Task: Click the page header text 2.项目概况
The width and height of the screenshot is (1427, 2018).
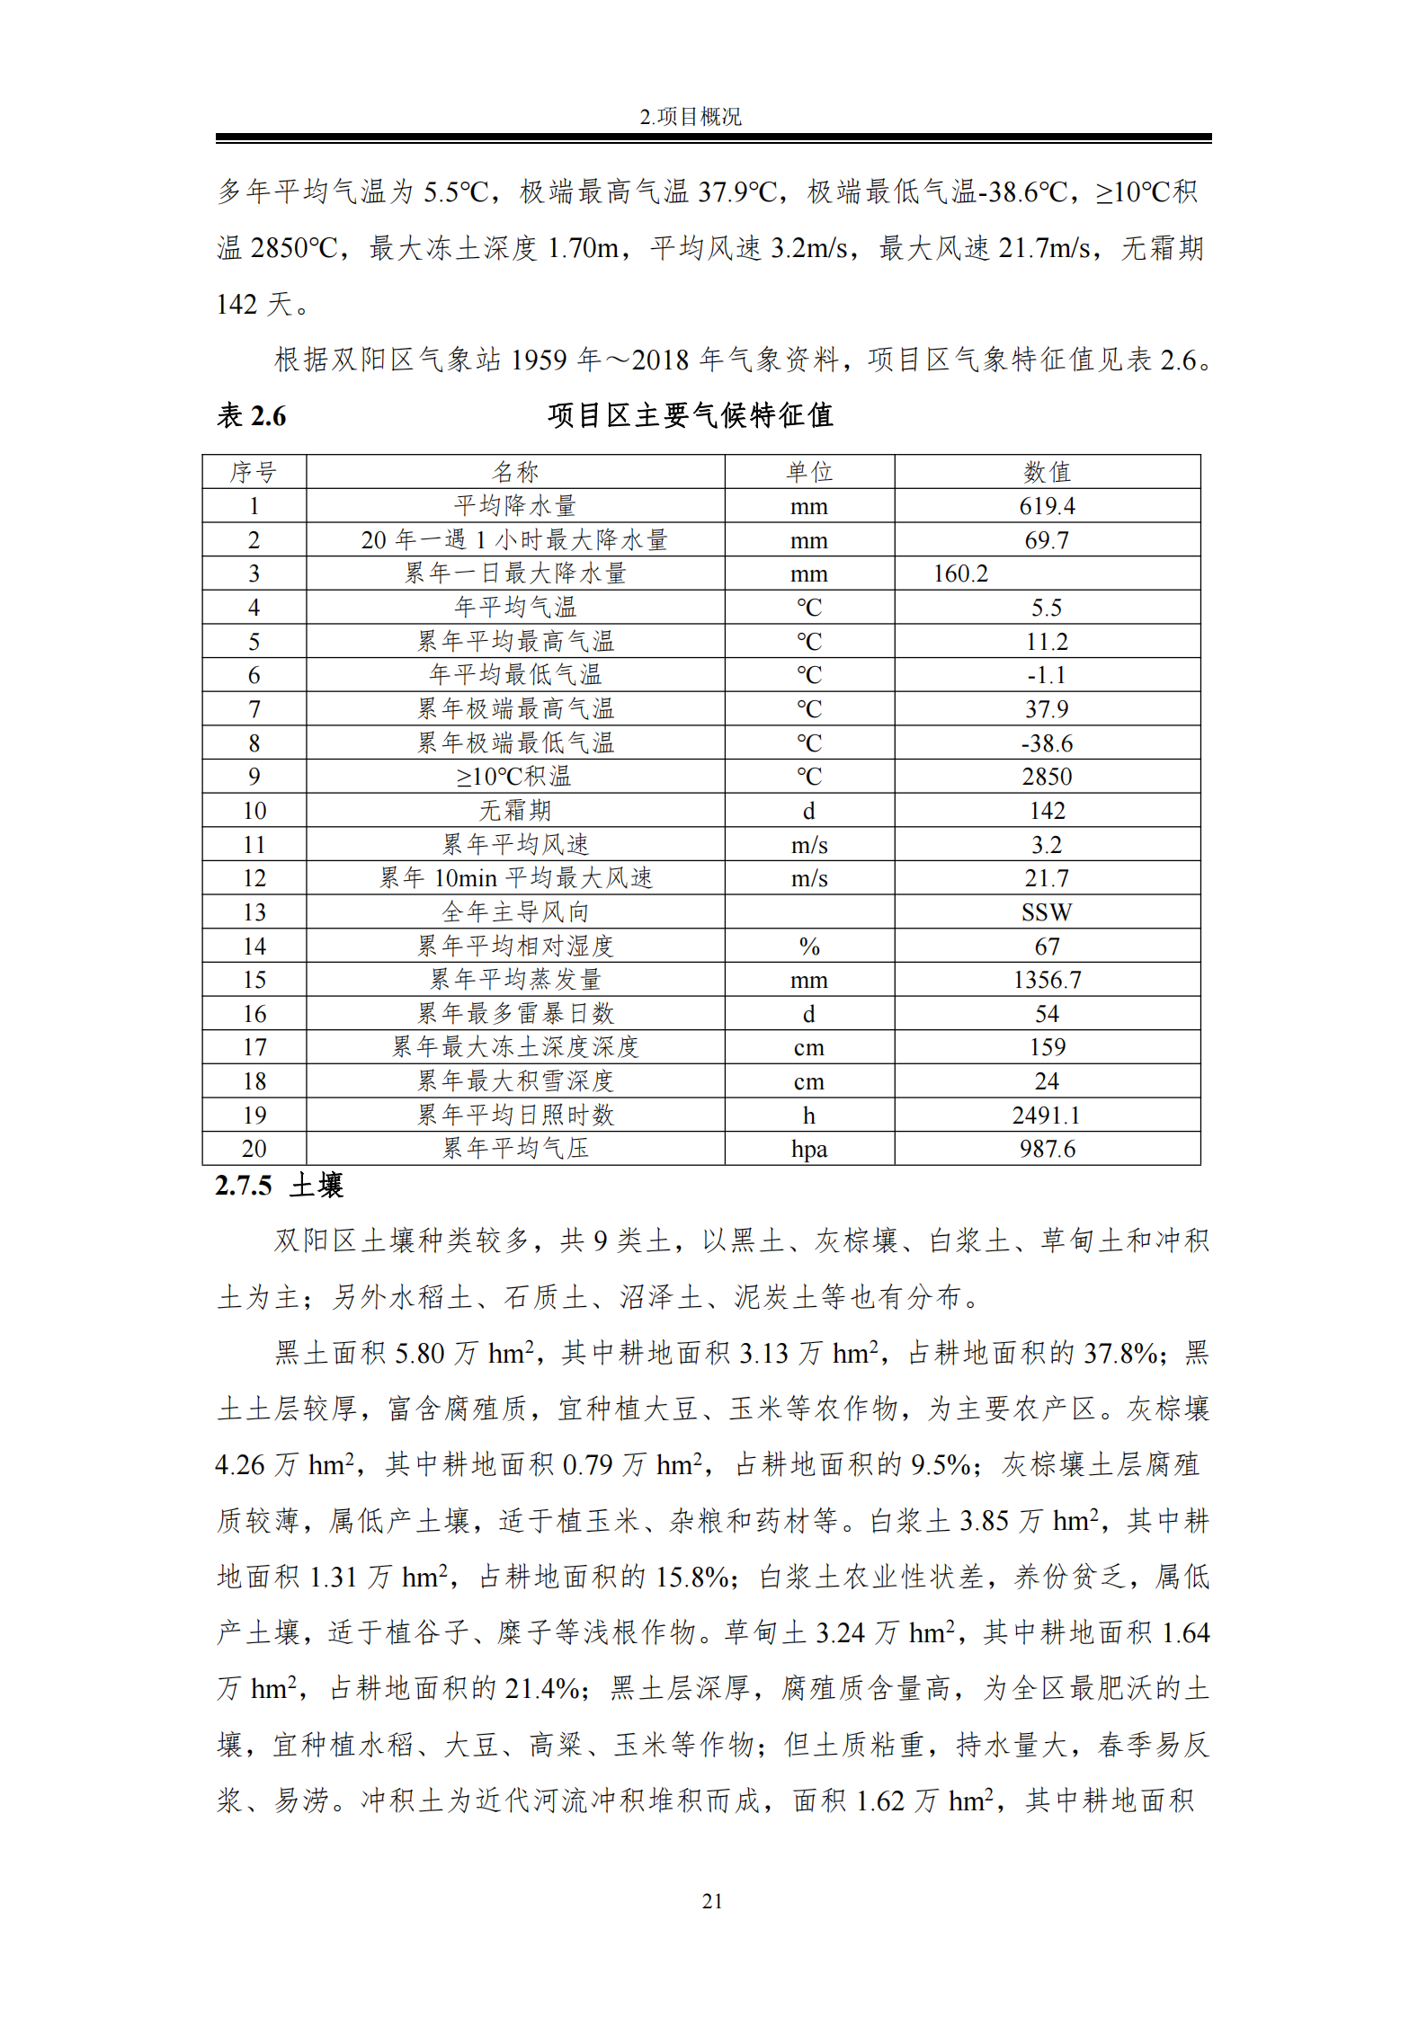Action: pos(690,117)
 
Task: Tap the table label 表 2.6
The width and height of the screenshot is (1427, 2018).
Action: pos(251,416)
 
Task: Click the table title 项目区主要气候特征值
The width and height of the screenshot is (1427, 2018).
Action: pos(690,415)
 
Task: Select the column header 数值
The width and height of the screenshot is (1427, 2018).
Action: pos(1047,472)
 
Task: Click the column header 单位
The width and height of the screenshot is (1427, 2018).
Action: pos(808,472)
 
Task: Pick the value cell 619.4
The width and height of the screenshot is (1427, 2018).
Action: pos(1047,506)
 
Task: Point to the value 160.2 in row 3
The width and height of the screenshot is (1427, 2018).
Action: pos(960,573)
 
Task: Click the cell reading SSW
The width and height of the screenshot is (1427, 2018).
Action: pos(1047,912)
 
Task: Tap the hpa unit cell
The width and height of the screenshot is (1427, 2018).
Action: pos(808,1149)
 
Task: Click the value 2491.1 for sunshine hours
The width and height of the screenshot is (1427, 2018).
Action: pos(1047,1116)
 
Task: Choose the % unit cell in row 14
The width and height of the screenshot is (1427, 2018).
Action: pos(808,947)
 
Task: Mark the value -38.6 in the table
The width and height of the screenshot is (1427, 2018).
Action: pos(1047,743)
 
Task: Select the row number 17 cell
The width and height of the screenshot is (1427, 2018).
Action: pos(254,1047)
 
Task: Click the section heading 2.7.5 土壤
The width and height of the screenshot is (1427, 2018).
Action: pos(279,1186)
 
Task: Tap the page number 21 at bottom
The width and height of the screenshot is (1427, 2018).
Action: pos(712,1901)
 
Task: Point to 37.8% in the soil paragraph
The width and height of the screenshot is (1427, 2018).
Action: pos(1119,1353)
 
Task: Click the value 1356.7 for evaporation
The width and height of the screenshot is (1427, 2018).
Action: pos(1047,980)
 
